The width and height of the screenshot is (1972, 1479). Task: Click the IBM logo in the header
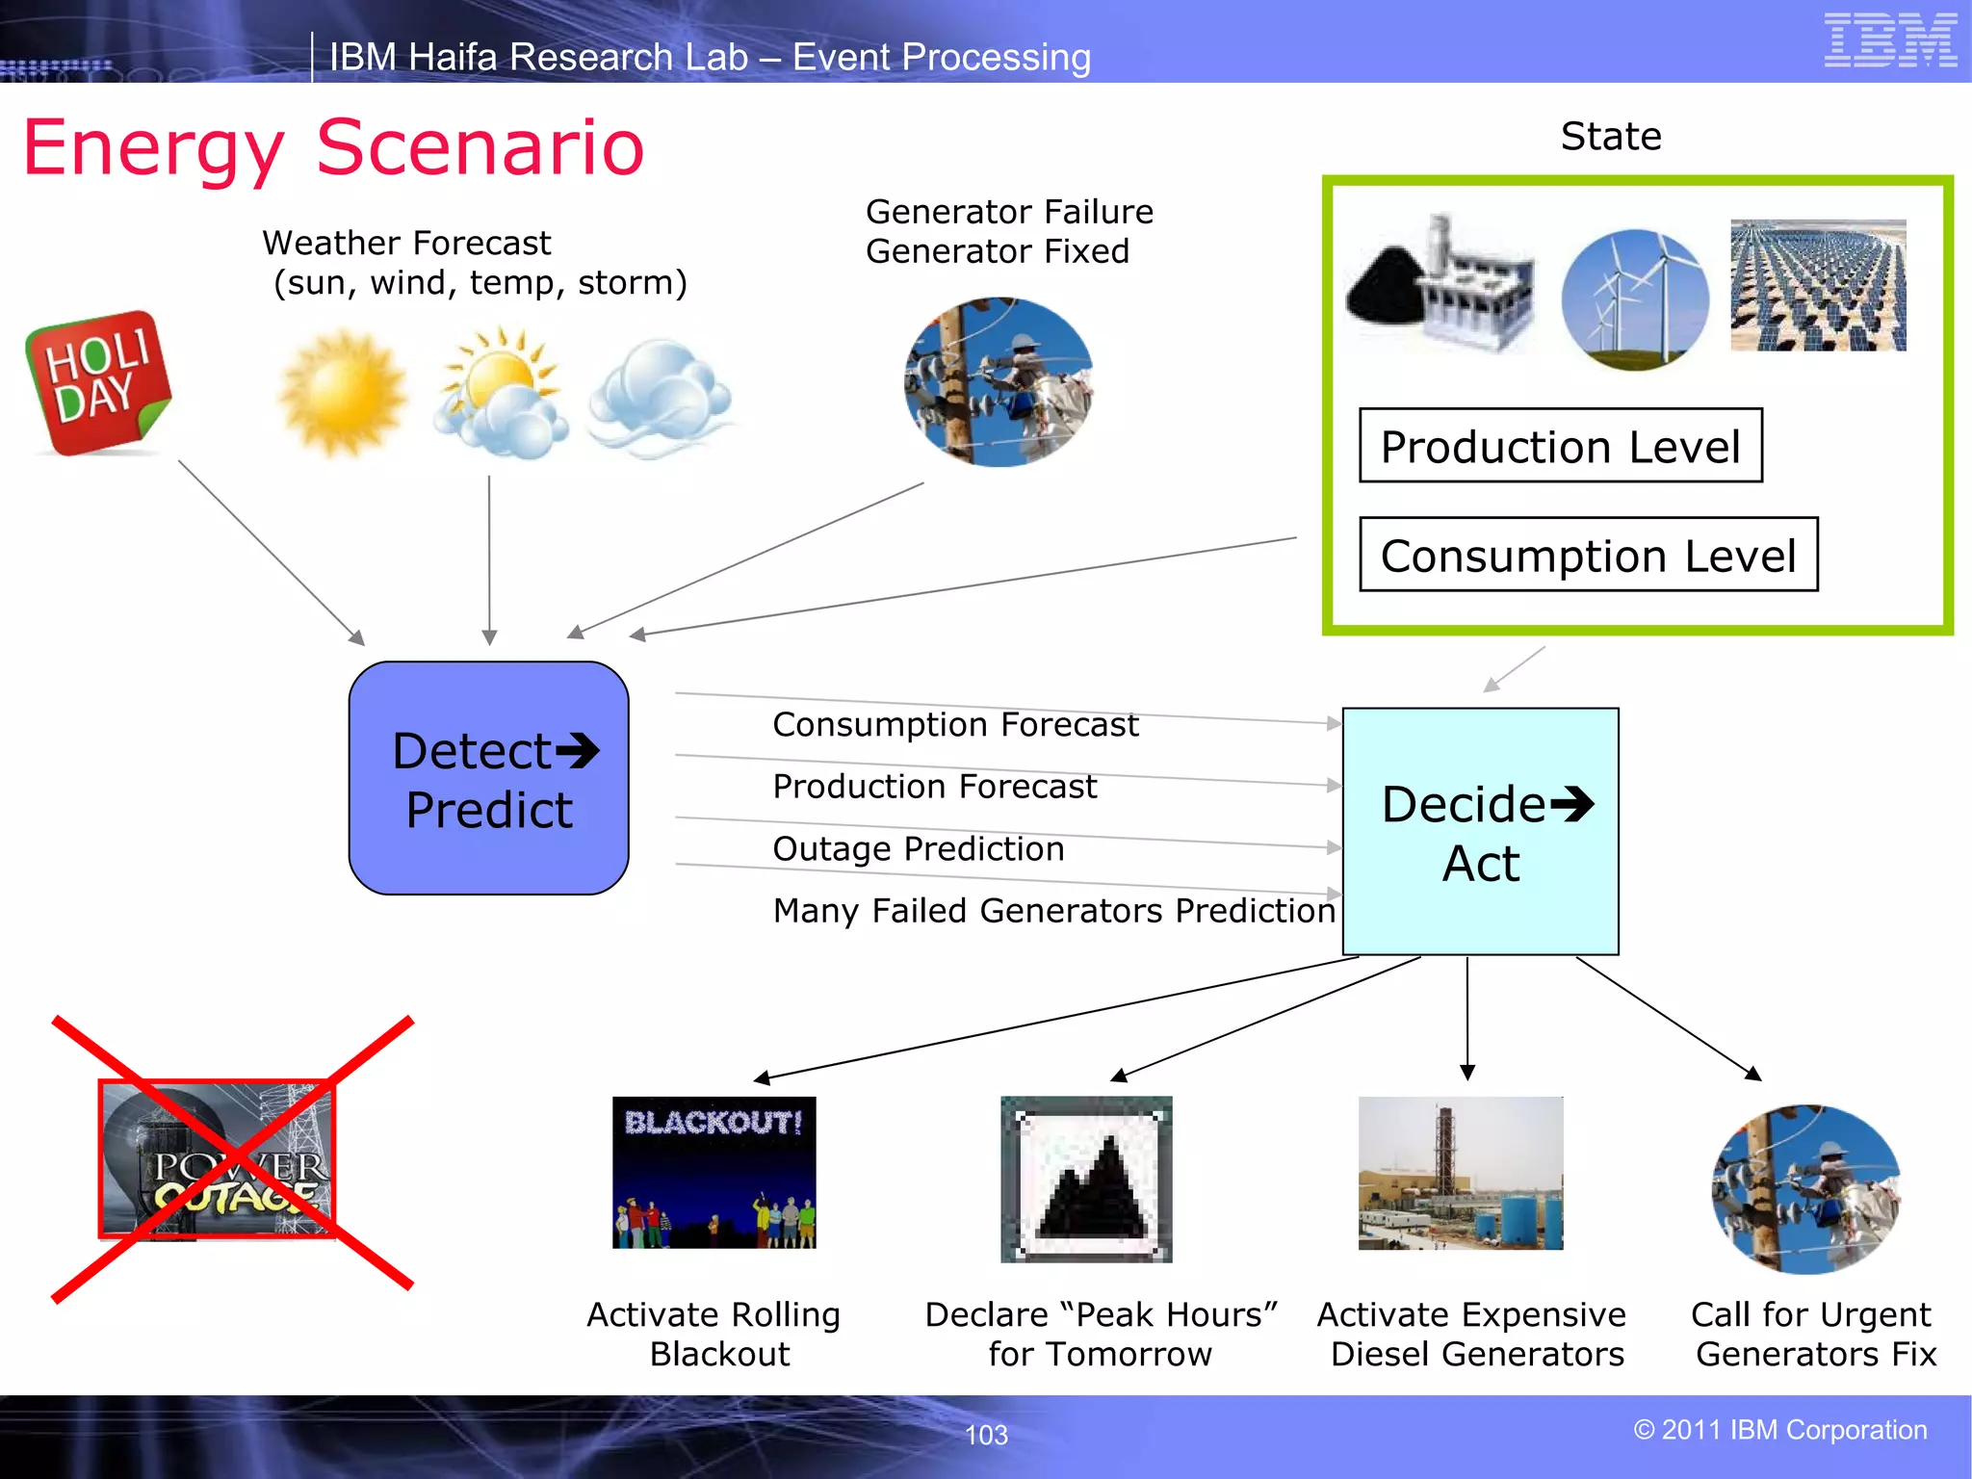[x=1890, y=40]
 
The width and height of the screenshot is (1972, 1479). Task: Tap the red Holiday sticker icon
[x=98, y=382]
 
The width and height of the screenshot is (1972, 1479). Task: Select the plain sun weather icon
[x=342, y=392]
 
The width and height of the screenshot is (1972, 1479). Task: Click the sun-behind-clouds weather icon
[x=498, y=393]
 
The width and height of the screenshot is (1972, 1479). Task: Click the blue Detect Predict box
[x=489, y=778]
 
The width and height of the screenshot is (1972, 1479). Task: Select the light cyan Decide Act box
[x=1480, y=832]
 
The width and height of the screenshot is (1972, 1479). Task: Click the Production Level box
[x=1560, y=446]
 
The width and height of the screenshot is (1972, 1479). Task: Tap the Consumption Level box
[x=1588, y=555]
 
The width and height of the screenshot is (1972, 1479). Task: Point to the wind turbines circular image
[x=1635, y=298]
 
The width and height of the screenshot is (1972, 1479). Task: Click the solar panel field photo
[x=1818, y=285]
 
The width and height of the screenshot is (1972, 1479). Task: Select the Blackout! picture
[x=714, y=1172]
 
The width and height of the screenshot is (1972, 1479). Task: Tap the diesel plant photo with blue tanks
[x=1461, y=1173]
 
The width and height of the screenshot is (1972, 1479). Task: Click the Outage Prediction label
[x=918, y=848]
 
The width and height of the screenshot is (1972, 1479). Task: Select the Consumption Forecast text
[x=955, y=724]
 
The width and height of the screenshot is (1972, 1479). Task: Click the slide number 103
[x=986, y=1435]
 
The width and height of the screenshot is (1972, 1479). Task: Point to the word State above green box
[x=1611, y=137]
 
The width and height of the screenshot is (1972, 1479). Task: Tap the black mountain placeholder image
[x=1087, y=1180]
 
